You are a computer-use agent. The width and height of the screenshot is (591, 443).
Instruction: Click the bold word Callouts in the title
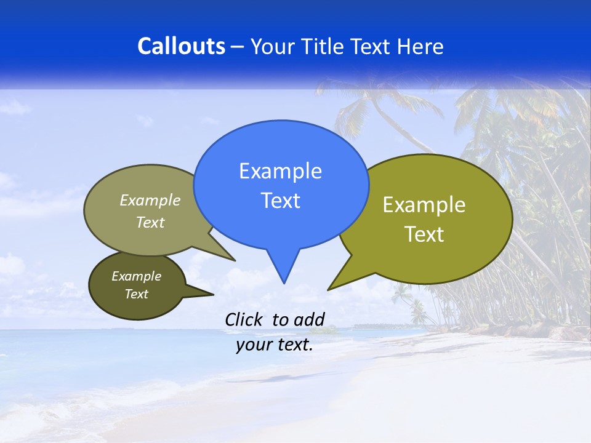pos(181,47)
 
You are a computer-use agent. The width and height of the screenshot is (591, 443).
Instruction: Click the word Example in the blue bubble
pos(280,171)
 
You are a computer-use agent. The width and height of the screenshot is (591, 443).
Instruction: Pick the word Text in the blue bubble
pos(280,201)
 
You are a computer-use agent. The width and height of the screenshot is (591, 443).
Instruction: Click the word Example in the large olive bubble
pos(424,205)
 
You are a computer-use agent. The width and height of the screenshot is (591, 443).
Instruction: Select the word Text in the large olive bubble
pos(424,234)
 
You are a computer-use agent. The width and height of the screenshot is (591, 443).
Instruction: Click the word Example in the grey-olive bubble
pos(150,201)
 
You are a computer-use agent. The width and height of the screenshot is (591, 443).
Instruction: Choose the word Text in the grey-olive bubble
pos(150,223)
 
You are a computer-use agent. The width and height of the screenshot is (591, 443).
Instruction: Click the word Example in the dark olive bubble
pos(136,276)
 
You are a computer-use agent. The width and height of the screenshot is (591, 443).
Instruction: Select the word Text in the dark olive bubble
pos(136,294)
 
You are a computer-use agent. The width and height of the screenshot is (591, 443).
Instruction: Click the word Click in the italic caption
pos(245,319)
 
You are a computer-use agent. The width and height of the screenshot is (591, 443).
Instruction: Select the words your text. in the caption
pos(275,345)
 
